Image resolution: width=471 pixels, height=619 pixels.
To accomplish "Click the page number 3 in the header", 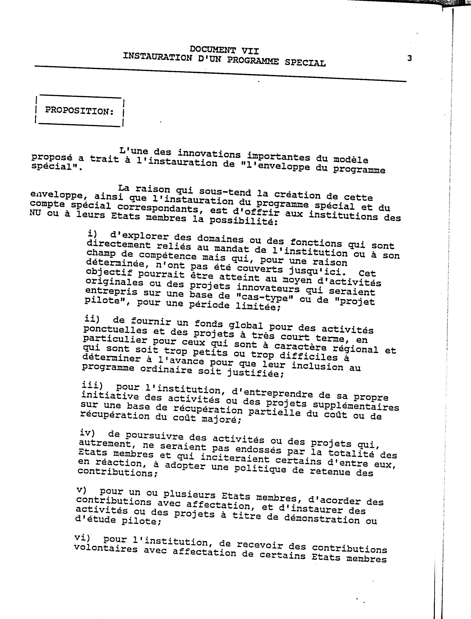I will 409,58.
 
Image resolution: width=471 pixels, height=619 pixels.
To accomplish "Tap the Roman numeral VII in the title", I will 250,51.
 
